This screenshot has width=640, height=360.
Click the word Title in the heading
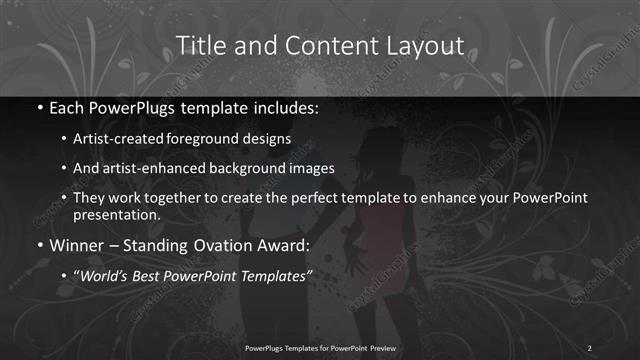[x=198, y=46]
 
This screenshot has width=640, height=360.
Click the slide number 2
[x=590, y=346]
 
